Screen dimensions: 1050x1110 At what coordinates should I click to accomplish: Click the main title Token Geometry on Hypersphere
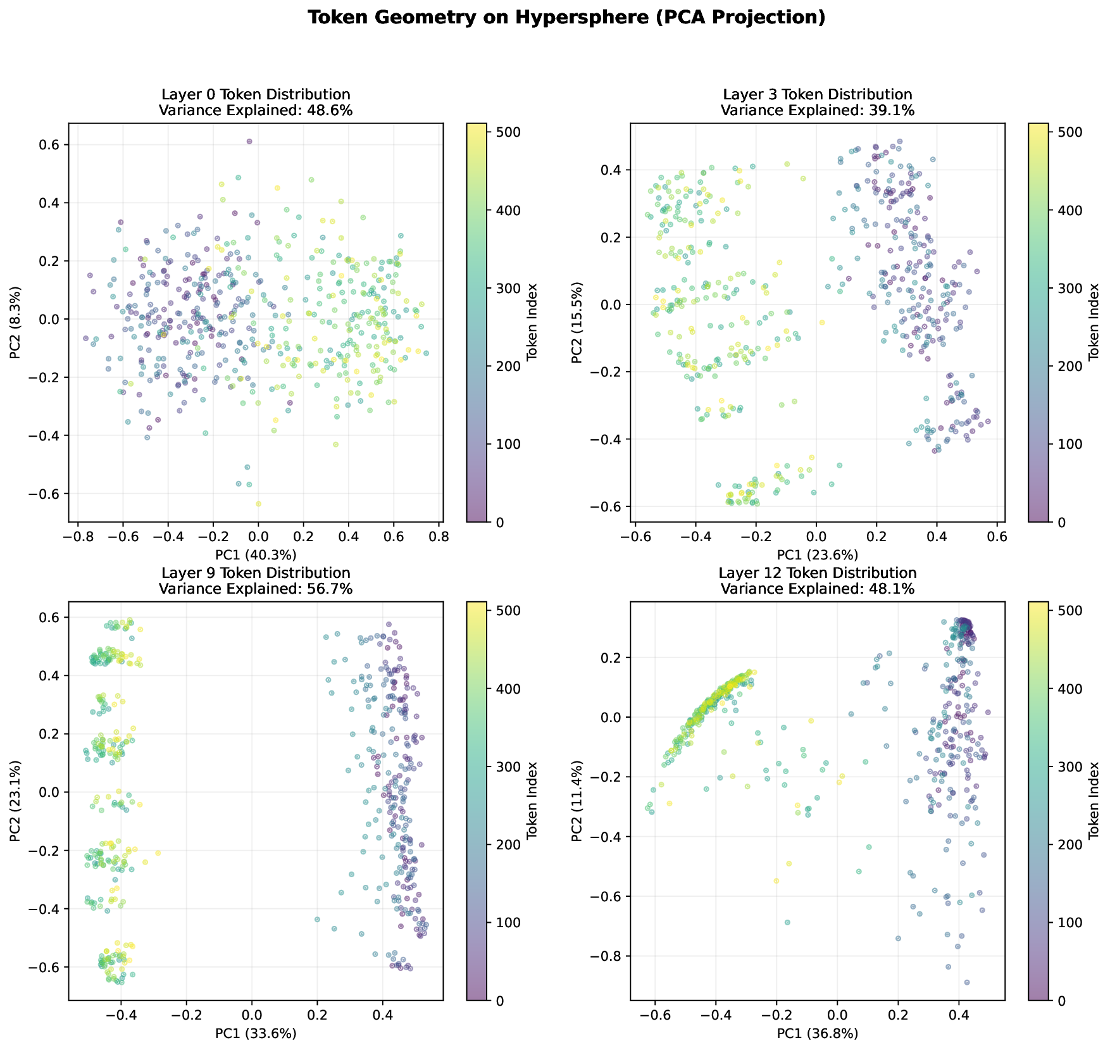(566, 18)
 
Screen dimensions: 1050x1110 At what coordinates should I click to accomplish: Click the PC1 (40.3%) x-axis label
(256, 555)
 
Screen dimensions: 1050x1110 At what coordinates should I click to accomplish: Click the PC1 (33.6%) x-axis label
(256, 1034)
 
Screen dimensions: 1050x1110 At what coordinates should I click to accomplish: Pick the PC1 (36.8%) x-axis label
(818, 1034)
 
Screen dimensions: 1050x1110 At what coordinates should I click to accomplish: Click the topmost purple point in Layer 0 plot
(249, 141)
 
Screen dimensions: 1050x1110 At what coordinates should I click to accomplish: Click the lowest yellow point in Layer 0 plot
(258, 504)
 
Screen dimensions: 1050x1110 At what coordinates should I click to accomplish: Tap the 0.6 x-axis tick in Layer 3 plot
(997, 536)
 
